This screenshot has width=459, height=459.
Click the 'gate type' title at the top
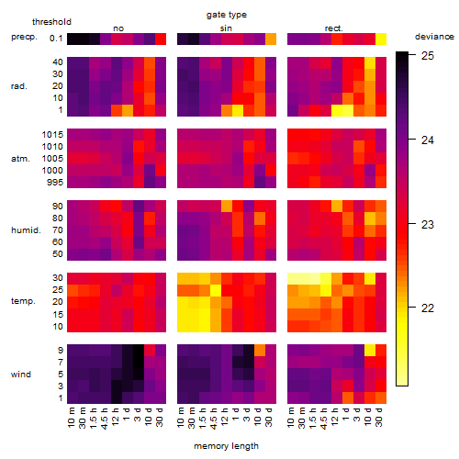(x=227, y=15)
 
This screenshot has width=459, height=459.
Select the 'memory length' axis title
(x=226, y=446)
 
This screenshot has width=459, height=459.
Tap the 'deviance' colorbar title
(x=434, y=37)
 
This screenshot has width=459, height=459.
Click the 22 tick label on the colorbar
(x=428, y=308)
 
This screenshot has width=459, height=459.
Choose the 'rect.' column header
(x=334, y=28)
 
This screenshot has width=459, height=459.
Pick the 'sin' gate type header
(x=226, y=28)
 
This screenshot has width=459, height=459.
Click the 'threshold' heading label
(x=51, y=22)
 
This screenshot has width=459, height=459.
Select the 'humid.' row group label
(x=26, y=230)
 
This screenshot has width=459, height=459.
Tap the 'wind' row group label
(x=21, y=375)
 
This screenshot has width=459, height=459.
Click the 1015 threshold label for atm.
(x=52, y=135)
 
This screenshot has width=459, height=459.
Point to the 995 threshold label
(x=55, y=183)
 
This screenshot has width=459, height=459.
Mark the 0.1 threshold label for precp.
(x=56, y=39)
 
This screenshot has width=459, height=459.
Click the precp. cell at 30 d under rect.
(x=381, y=39)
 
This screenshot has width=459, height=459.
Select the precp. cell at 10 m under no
(x=73, y=39)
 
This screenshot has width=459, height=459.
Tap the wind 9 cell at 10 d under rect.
(x=370, y=351)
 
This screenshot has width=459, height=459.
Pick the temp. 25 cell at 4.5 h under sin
(x=216, y=290)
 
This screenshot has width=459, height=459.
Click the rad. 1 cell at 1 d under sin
(x=238, y=110)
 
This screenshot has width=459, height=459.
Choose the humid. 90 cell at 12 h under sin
(x=227, y=207)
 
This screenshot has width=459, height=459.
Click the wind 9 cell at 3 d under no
(x=139, y=351)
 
